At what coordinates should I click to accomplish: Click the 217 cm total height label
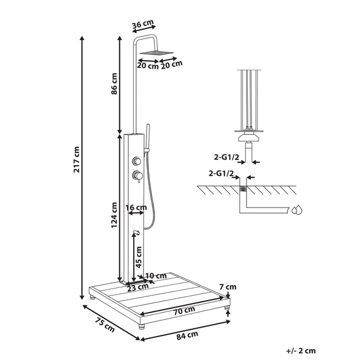[76, 160]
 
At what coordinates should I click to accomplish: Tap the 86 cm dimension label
[114, 83]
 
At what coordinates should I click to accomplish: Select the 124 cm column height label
[114, 215]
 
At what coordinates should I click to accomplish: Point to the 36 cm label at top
[143, 23]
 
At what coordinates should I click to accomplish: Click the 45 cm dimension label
[139, 257]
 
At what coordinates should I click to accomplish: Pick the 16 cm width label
[136, 208]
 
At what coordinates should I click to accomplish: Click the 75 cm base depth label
[104, 325]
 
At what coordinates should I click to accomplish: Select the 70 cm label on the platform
[184, 311]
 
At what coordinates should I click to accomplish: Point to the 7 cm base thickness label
[228, 287]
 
